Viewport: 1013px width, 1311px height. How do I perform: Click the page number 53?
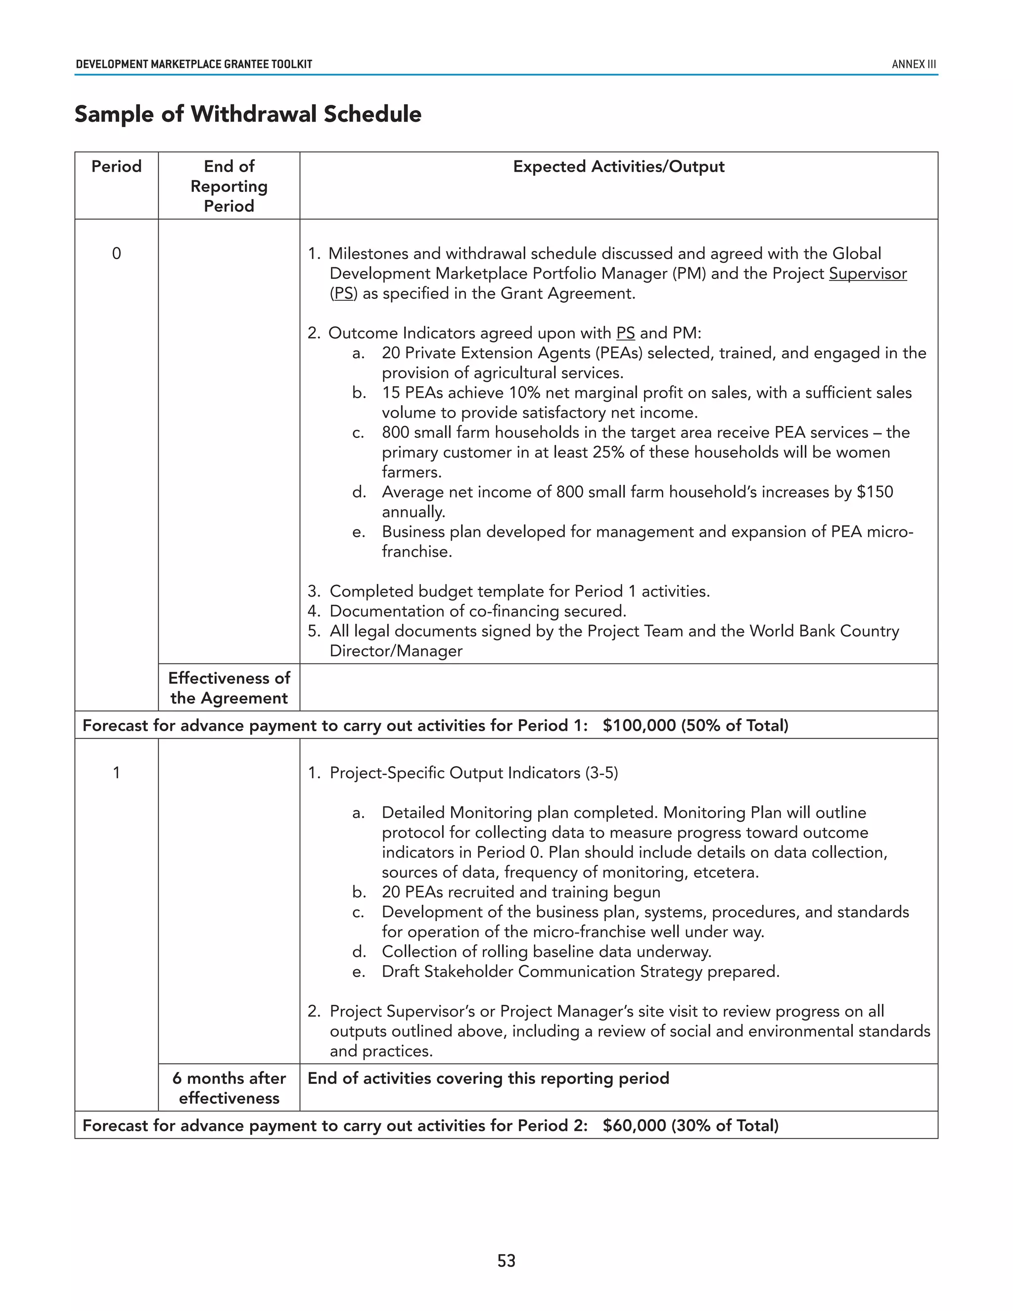pos(506,1261)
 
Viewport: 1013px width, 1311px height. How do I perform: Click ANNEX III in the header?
pos(914,64)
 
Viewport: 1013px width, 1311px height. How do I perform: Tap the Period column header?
pos(116,166)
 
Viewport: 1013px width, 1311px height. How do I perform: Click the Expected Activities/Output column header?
pos(618,166)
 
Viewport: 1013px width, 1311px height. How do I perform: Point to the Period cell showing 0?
pos(116,253)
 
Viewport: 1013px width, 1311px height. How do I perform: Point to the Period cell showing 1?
pos(116,773)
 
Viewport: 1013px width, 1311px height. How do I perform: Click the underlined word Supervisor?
pos(867,274)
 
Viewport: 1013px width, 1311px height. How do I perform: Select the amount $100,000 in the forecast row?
pos(639,725)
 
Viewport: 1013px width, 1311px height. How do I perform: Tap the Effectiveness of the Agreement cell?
pos(229,688)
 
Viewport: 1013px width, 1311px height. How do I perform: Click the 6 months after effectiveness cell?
pos(229,1088)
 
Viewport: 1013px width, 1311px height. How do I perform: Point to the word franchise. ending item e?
pos(416,552)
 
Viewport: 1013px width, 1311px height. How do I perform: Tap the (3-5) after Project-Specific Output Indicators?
pos(601,773)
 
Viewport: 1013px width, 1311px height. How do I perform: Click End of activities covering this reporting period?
pos(488,1078)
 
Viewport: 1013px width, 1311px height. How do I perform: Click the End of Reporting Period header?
pos(229,186)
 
